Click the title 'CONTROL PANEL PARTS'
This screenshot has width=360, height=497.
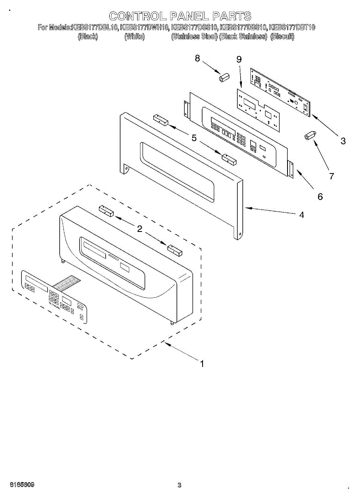pos(180,16)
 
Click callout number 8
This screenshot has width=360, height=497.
pos(198,58)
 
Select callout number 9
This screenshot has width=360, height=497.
pos(239,60)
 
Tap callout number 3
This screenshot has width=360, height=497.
pos(343,141)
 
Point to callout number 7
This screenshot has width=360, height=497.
pos(331,176)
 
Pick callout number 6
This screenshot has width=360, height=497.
pos(320,197)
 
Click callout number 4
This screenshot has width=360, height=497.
pos(302,215)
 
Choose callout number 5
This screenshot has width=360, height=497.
pos(194,138)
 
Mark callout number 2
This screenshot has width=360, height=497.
pos(140,229)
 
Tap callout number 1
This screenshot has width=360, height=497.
pos(202,364)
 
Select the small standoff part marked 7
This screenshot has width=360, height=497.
pos(309,135)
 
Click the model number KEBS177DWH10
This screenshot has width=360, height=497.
pos(145,28)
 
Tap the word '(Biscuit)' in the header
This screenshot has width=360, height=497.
pos(282,36)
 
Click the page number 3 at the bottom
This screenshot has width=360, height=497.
pos(179,485)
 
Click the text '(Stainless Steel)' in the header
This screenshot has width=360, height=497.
pos(194,36)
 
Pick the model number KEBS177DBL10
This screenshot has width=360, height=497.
pos(95,28)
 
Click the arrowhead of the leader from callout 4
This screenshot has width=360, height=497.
pos(246,208)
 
